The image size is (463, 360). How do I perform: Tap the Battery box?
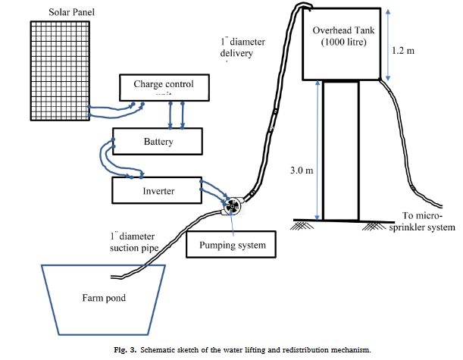point(158,142)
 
